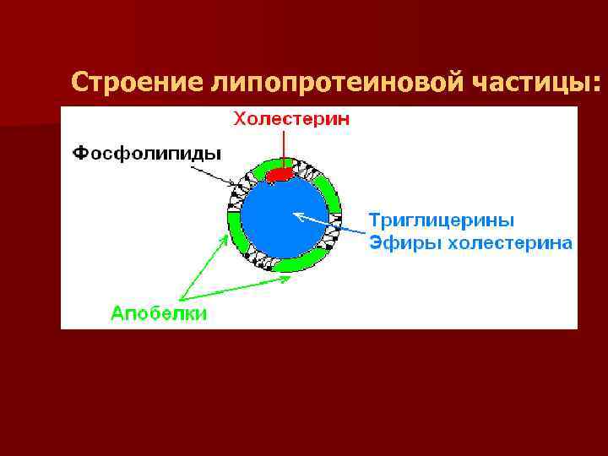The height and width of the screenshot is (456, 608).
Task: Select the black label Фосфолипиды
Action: tap(145, 153)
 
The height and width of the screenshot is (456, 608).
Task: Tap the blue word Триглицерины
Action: tap(441, 220)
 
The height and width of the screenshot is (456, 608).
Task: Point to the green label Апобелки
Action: tap(160, 313)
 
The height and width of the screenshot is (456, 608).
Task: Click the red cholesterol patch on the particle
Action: tap(280, 174)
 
